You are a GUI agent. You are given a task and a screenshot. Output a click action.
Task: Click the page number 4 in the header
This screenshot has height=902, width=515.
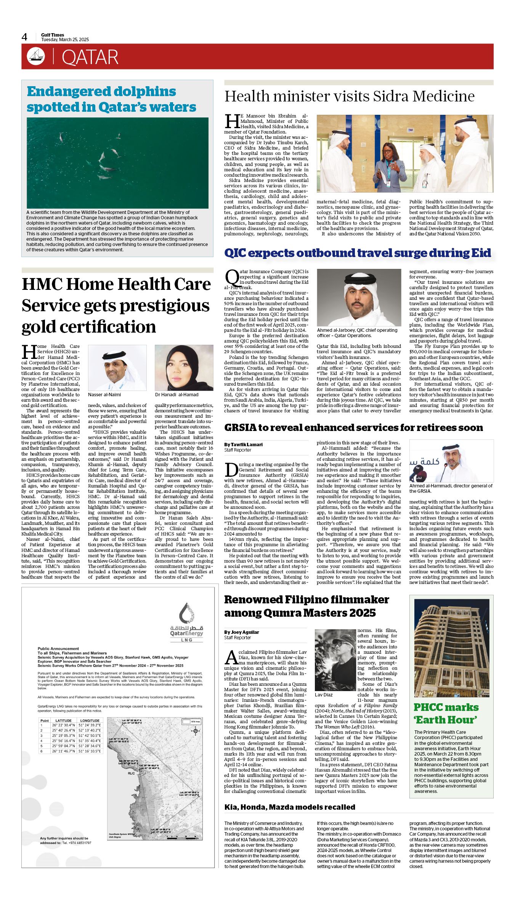pos(24,37)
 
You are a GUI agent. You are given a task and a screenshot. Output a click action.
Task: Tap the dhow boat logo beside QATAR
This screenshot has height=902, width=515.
pos(35,56)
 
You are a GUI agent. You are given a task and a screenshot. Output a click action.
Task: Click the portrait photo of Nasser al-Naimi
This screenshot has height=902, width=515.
pos(117,367)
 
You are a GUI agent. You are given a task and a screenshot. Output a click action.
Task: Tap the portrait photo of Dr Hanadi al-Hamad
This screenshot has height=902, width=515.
pos(184,367)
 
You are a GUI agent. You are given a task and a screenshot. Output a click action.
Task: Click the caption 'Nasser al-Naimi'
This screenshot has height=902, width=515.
pos(104,395)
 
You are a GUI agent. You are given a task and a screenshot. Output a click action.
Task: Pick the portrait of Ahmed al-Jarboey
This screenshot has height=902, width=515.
pos(359,297)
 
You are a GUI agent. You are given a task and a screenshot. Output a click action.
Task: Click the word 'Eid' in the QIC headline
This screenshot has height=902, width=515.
pos(480,253)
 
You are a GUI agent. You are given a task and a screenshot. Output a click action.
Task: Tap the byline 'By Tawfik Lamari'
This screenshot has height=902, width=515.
pos(243,445)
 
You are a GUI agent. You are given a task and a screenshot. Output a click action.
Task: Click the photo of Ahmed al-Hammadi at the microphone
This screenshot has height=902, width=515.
pos(451,461)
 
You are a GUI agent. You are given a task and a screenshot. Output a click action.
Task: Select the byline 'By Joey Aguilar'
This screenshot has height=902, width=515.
pos(241,632)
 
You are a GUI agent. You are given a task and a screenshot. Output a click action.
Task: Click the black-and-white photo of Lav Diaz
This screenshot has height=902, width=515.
pos(335,660)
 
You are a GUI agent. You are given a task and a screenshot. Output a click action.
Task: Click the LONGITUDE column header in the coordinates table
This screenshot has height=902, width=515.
pos(90,720)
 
